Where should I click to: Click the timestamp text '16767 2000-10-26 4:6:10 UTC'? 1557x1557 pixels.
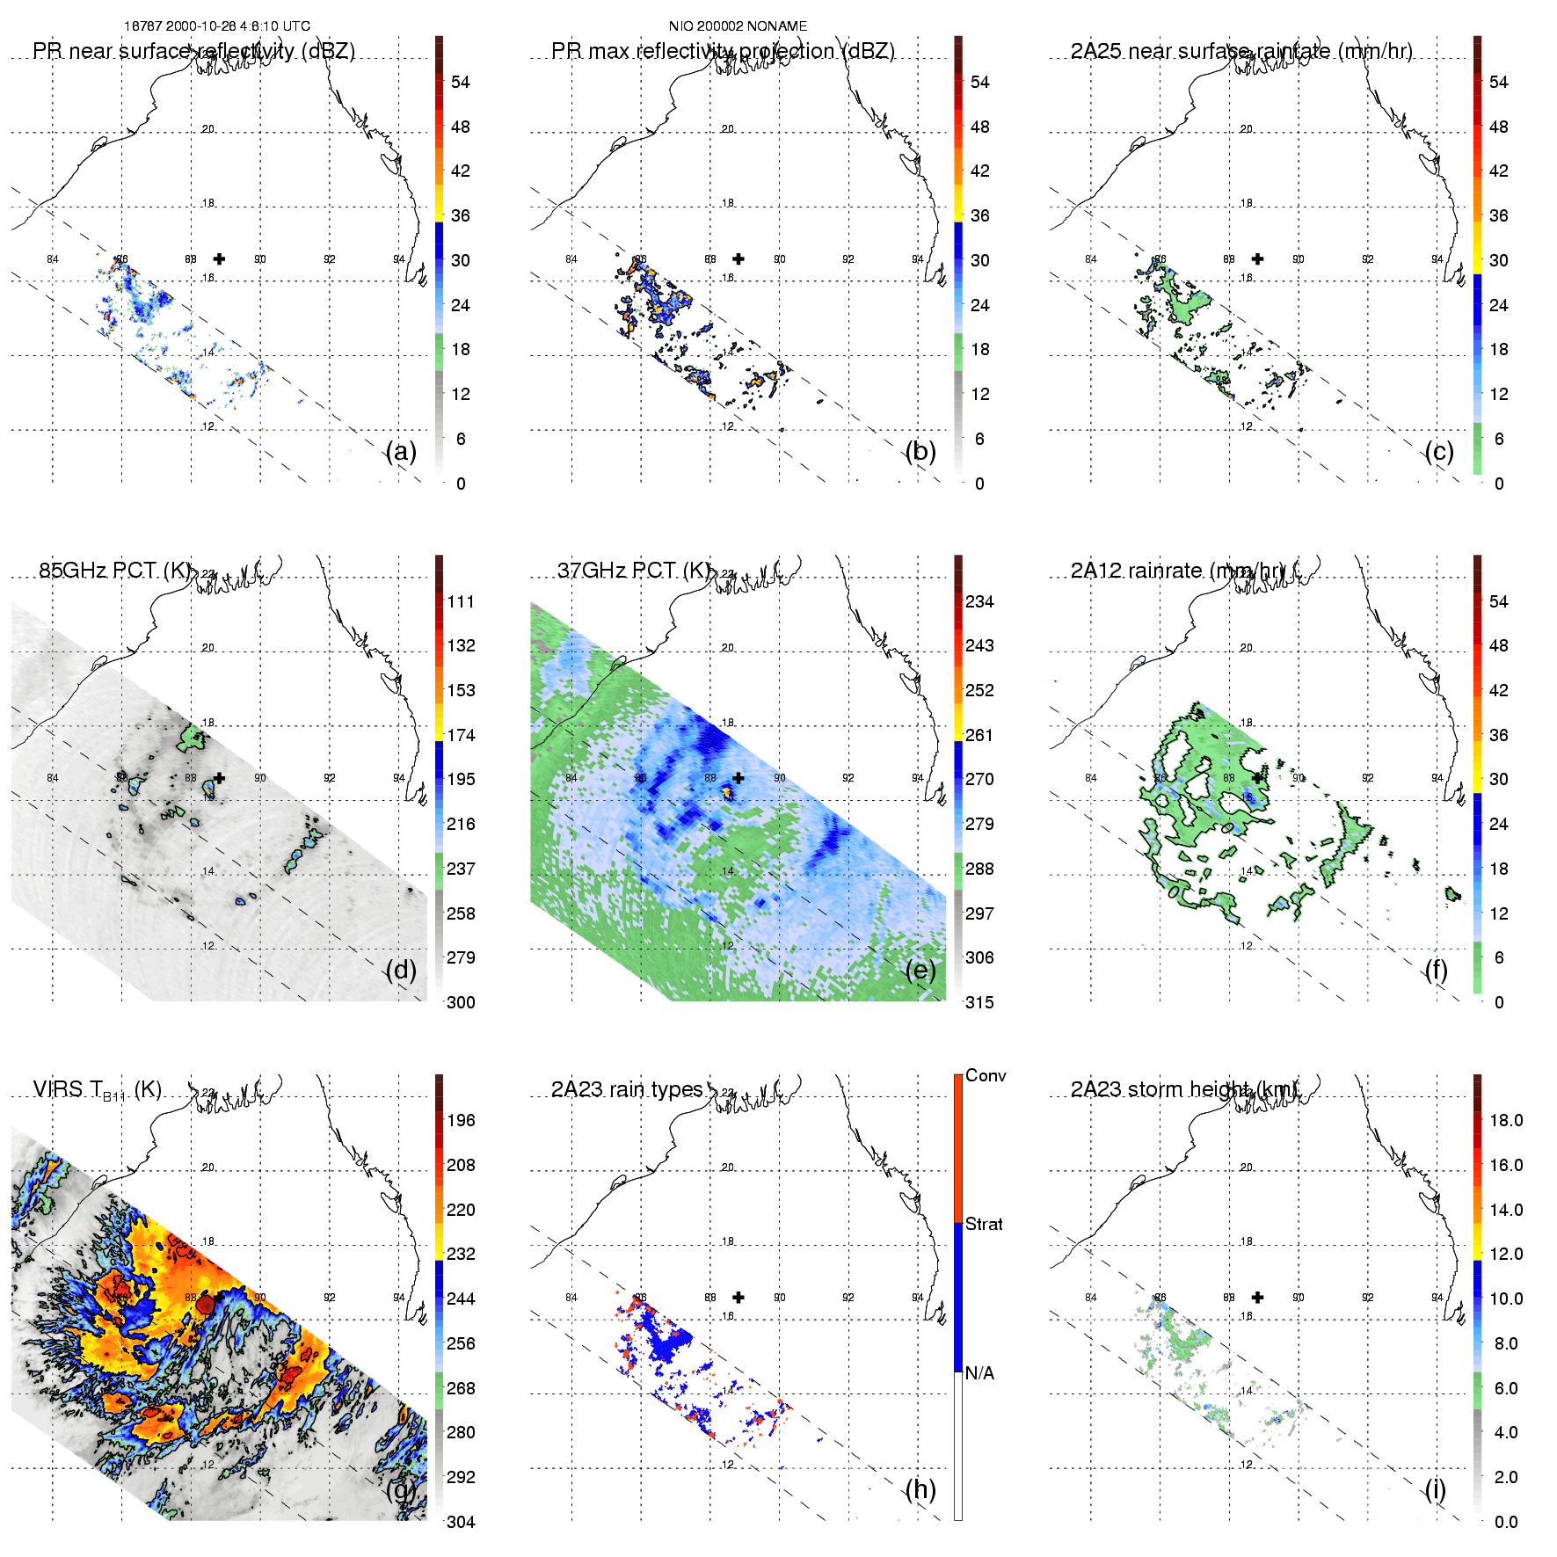[x=216, y=26]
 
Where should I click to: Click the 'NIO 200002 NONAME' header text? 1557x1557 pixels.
[x=738, y=26]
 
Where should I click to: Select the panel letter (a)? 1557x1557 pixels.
[x=401, y=452]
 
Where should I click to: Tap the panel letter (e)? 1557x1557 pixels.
[x=920, y=971]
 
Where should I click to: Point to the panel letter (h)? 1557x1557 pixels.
[x=920, y=1489]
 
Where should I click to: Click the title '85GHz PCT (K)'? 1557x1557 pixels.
[x=115, y=571]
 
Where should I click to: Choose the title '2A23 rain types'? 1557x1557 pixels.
[x=627, y=1089]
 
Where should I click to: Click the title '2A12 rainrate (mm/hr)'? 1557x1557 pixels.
[x=1178, y=571]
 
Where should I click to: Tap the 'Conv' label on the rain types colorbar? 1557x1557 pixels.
[x=986, y=1076]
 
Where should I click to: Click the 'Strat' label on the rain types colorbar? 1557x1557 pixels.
[x=984, y=1225]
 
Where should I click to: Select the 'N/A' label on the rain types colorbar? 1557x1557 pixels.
[x=979, y=1373]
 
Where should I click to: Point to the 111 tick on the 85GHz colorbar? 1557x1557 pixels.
[x=461, y=602]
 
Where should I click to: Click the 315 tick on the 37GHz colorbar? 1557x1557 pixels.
[x=979, y=1003]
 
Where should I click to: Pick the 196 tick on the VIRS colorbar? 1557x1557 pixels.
[x=461, y=1121]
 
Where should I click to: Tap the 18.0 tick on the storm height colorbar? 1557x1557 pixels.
[x=1506, y=1121]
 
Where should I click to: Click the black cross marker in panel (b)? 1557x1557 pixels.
[x=738, y=259]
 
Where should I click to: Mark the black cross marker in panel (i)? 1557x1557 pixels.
[x=1258, y=1298]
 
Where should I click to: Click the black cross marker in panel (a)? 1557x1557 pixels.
[x=219, y=259]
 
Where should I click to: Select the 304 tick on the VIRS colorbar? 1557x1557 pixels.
[x=461, y=1522]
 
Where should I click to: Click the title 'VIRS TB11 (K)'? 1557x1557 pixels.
[x=98, y=1090]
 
